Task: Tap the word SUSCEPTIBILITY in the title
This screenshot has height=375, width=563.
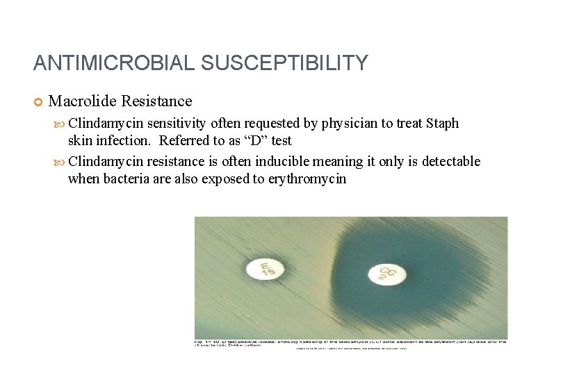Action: (x=284, y=64)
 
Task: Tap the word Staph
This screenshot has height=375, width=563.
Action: (x=443, y=124)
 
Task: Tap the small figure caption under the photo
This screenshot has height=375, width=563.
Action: (x=351, y=343)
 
